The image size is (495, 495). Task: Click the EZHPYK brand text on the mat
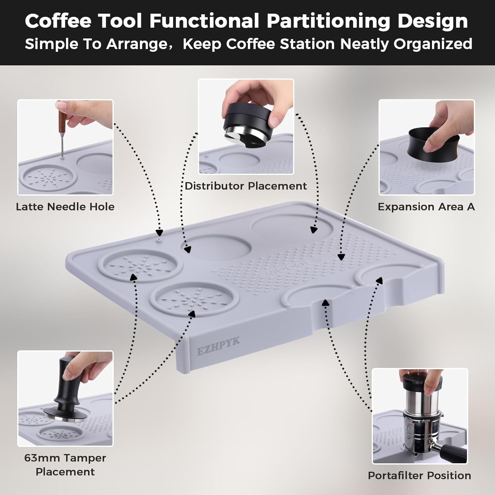218,346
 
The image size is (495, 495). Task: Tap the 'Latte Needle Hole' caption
65,207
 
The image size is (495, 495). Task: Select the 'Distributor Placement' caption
246,186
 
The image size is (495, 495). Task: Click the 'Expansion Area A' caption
426,207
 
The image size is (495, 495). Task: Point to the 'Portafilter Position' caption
419,476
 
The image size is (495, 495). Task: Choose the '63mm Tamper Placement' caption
65,465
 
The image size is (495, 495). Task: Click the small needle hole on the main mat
160,241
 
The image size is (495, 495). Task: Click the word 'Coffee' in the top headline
58,21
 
